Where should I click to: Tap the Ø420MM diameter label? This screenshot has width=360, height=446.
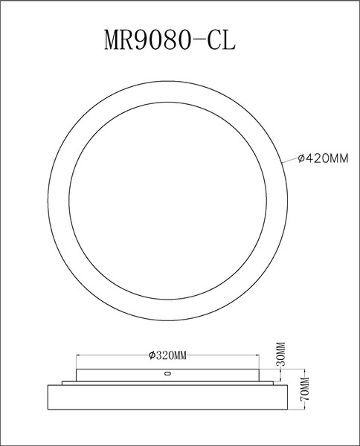(x=323, y=158)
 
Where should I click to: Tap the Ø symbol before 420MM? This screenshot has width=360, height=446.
(x=300, y=158)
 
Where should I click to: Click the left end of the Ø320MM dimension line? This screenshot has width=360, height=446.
(x=77, y=355)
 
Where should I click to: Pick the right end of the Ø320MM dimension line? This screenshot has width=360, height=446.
(x=257, y=355)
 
